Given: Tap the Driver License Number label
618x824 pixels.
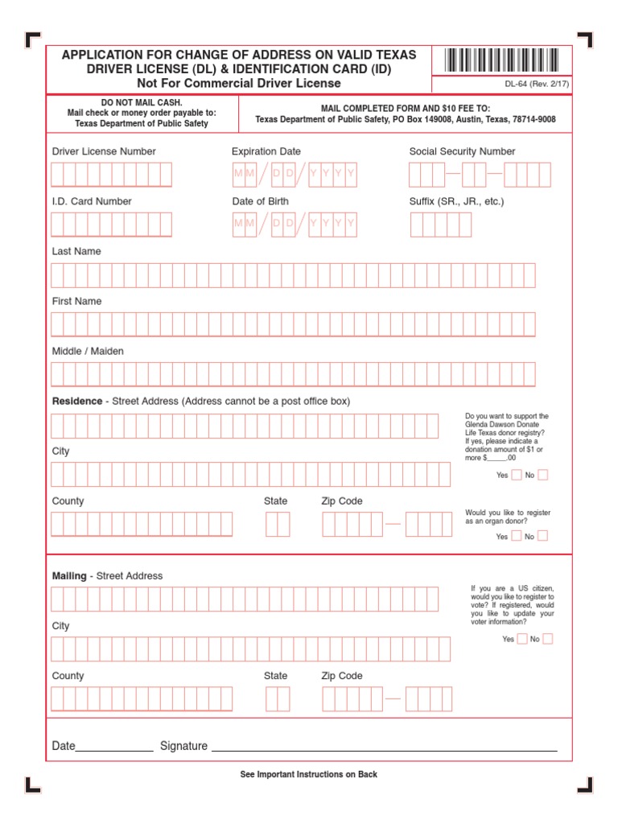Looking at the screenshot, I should pos(104,151).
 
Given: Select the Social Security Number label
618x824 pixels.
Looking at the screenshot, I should pos(462,151).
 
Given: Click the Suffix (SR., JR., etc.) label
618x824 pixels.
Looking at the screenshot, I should pos(456,201).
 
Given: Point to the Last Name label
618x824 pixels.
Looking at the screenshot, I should pos(76,251).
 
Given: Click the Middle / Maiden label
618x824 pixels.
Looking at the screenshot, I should pos(88,351).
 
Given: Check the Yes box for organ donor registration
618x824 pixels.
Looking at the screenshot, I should pos(517,536).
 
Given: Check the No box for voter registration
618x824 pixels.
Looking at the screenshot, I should pos(548,639).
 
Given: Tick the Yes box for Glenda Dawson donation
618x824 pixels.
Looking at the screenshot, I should pos(517,475).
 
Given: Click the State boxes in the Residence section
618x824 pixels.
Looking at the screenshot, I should pos(277,525).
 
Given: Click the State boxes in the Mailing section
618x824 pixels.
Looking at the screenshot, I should pos(277,698).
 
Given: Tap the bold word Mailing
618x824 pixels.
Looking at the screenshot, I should pos(69,576).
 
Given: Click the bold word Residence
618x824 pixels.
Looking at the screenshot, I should pos(77,401).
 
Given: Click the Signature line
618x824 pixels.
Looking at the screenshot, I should pos(384,748).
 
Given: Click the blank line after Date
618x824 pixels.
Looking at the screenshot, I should pos(114,748).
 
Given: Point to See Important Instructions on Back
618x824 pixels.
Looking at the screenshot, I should pos(308,774).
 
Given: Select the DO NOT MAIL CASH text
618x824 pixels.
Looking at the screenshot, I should pos(141,103).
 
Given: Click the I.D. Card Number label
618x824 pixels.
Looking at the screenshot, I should pos(92,201).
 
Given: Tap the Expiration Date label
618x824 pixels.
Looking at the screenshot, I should pos(266,151).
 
